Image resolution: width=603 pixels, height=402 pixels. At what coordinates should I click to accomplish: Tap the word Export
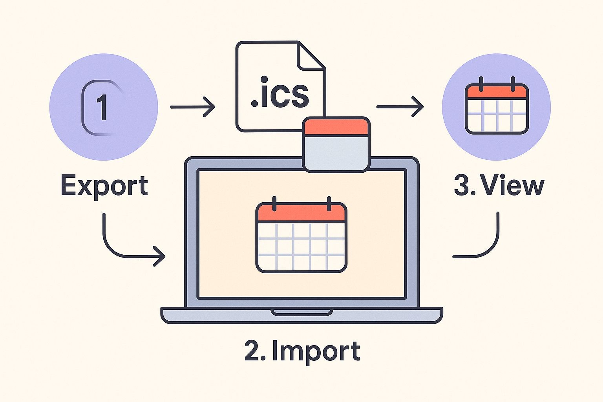coord(104,186)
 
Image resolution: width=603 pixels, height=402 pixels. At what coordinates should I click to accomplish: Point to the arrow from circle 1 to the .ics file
coord(192,106)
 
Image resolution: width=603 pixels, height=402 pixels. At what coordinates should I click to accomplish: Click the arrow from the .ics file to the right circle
coord(400,106)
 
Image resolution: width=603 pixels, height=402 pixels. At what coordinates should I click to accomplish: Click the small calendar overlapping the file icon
coord(336,144)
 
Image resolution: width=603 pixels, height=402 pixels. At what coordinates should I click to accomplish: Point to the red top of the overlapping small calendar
coord(336,126)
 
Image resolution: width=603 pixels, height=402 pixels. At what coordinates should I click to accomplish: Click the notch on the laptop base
coord(301,312)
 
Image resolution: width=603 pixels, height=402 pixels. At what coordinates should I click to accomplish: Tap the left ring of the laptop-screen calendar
coord(274,203)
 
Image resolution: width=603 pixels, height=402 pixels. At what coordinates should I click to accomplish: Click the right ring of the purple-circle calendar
coord(512,84)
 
